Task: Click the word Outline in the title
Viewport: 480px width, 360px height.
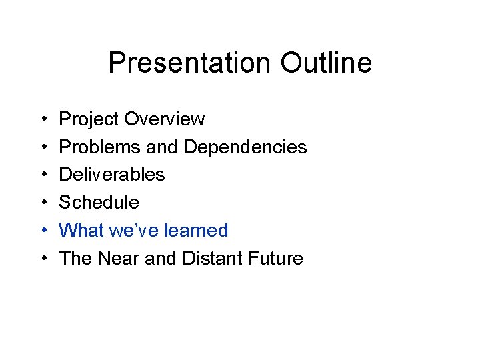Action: coord(325,63)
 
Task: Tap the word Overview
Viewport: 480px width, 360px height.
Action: coord(164,119)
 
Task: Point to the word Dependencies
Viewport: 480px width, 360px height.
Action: coord(245,147)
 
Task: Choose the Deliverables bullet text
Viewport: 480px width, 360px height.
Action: coord(112,175)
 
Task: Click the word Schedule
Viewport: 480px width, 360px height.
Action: coord(99,202)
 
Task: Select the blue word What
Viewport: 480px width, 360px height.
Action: coord(80,230)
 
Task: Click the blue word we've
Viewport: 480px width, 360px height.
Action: coord(130,230)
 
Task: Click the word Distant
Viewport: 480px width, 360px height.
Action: coord(210,258)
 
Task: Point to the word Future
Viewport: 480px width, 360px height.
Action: coord(275,258)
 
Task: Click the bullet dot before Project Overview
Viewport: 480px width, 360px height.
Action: coord(43,120)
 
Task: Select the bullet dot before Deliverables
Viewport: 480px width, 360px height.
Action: coord(43,175)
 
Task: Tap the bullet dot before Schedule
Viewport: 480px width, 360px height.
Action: coord(43,203)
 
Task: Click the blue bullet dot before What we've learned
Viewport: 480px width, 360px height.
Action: coord(43,231)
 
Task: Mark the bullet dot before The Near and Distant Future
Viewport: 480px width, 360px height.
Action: coord(43,259)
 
